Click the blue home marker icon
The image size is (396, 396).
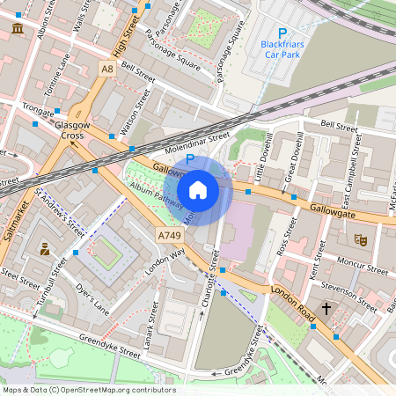pyautogui.click(x=198, y=189)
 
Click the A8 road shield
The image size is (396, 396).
pyautogui.click(x=107, y=68)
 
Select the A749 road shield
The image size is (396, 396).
pyautogui.click(x=169, y=235)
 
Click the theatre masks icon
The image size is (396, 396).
pyautogui.click(x=359, y=238)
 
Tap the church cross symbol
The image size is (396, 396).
pyautogui.click(x=326, y=309)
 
